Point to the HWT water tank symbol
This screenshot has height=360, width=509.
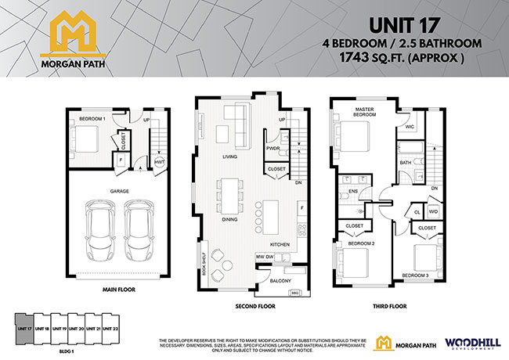tap(159, 162)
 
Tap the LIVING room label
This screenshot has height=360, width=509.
tap(230, 157)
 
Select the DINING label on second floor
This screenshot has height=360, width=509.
tap(230, 219)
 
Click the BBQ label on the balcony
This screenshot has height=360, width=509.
tap(295, 293)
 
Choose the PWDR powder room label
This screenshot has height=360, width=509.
tap(273, 148)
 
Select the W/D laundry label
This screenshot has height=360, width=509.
tap(433, 211)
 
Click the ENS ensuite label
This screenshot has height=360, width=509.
tap(352, 190)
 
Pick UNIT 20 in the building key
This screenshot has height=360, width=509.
tap(76, 329)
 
